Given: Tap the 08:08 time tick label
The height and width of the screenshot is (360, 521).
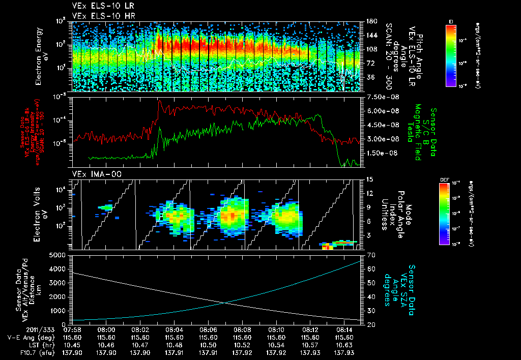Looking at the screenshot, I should click(242, 329).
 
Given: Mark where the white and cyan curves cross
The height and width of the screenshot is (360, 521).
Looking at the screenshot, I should click(224, 303).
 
